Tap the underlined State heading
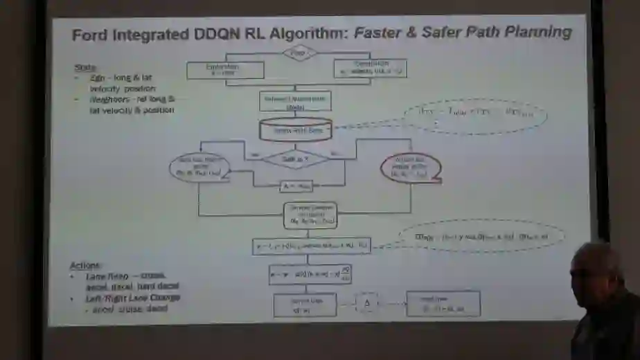85,67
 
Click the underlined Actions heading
86,266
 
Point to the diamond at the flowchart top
299,53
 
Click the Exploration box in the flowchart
225,70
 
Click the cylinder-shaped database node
294,129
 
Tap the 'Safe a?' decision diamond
295,159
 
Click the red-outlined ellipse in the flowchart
411,167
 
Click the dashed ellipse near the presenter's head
482,237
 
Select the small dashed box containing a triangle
368,303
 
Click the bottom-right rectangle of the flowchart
443,304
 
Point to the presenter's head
596,267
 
